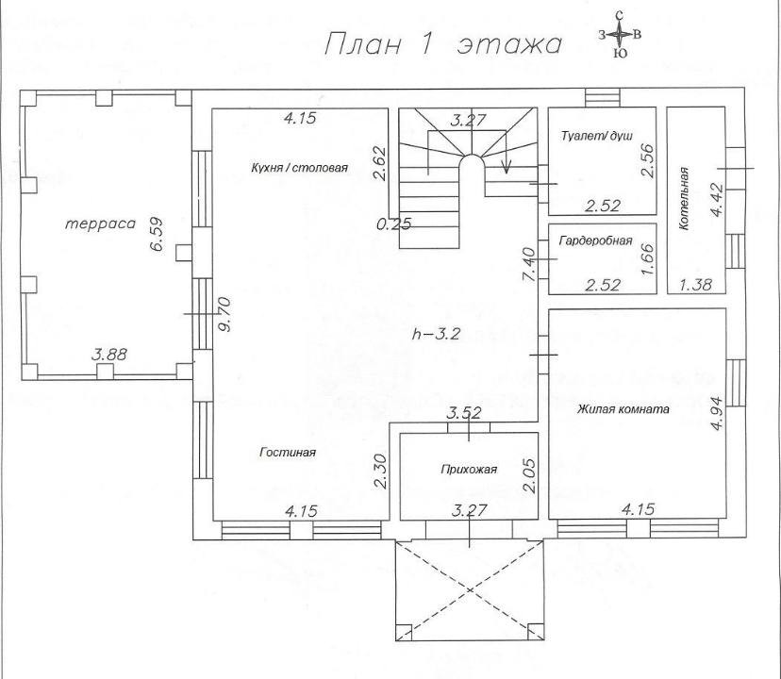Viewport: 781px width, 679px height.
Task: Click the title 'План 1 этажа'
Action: pyautogui.click(x=442, y=44)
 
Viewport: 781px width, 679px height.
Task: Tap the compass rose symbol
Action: pyautogui.click(x=619, y=35)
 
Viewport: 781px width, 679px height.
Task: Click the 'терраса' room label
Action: pyautogui.click(x=101, y=224)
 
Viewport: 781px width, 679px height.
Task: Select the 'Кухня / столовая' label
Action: pyautogui.click(x=300, y=168)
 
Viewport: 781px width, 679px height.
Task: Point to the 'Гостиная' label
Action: pyautogui.click(x=288, y=453)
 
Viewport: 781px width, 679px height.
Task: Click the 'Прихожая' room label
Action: pyautogui.click(x=468, y=469)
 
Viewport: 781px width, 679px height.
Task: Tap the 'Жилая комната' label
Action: pyautogui.click(x=623, y=409)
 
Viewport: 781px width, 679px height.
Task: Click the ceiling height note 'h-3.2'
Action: pyautogui.click(x=435, y=334)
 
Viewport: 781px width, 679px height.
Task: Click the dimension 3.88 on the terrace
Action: pyautogui.click(x=108, y=355)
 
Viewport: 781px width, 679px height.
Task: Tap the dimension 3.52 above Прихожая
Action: pyautogui.click(x=464, y=412)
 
